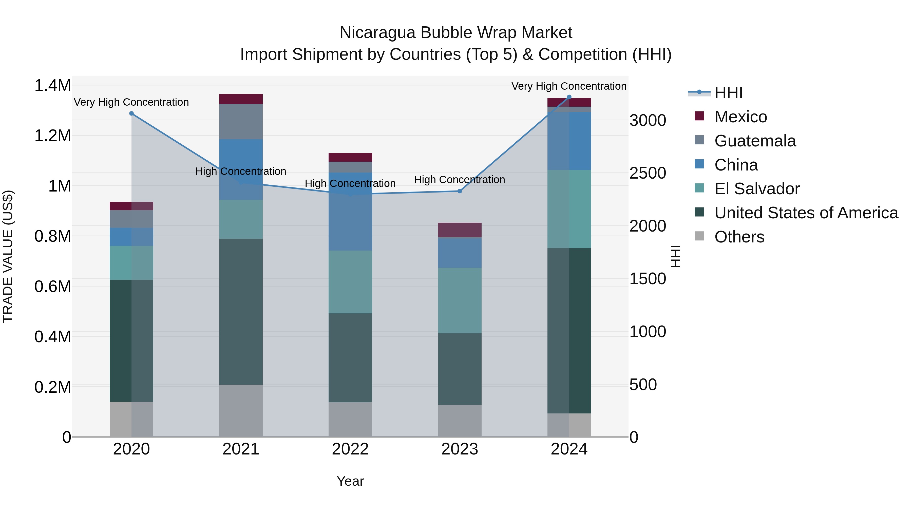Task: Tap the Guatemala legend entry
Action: click(x=755, y=141)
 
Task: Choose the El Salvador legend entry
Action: click(x=756, y=189)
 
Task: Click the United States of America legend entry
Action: click(x=806, y=213)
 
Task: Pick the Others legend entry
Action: click(x=739, y=237)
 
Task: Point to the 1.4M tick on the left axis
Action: click(x=52, y=86)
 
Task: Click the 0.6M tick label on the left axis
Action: click(x=52, y=287)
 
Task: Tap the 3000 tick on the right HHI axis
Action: click(x=648, y=120)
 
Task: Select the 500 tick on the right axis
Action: click(x=643, y=385)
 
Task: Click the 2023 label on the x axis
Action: click(x=460, y=449)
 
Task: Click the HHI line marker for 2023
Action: click(x=460, y=191)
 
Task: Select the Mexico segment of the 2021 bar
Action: click(x=241, y=99)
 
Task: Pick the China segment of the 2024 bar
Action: click(x=569, y=141)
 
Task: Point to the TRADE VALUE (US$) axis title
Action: click(x=8, y=256)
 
